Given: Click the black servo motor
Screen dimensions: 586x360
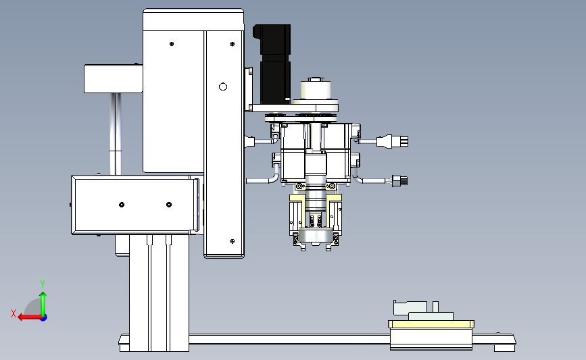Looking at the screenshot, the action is tap(273, 63).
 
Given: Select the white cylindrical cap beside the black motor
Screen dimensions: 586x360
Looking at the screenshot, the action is tap(316, 90).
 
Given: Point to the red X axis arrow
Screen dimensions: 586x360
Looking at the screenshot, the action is tap(30, 317).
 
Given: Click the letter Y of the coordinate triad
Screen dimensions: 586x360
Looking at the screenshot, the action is tap(42, 284).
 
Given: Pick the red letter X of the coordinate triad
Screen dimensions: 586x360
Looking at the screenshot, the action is tap(14, 313).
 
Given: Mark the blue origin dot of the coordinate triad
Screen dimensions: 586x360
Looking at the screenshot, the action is tap(43, 317).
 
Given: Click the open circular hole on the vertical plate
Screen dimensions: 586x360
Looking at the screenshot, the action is tap(223, 86).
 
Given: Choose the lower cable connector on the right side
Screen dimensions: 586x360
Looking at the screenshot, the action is tap(400, 181).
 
